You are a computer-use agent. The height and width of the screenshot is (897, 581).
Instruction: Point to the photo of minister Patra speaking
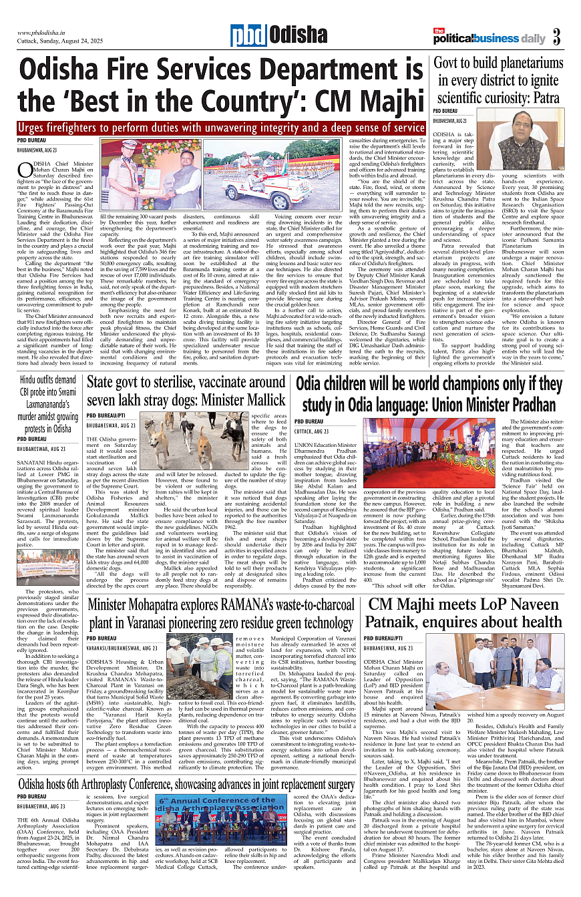[518, 144]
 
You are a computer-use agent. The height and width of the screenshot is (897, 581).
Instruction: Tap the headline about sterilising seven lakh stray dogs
[186, 391]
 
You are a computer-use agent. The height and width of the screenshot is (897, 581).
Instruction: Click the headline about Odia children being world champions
[429, 394]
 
